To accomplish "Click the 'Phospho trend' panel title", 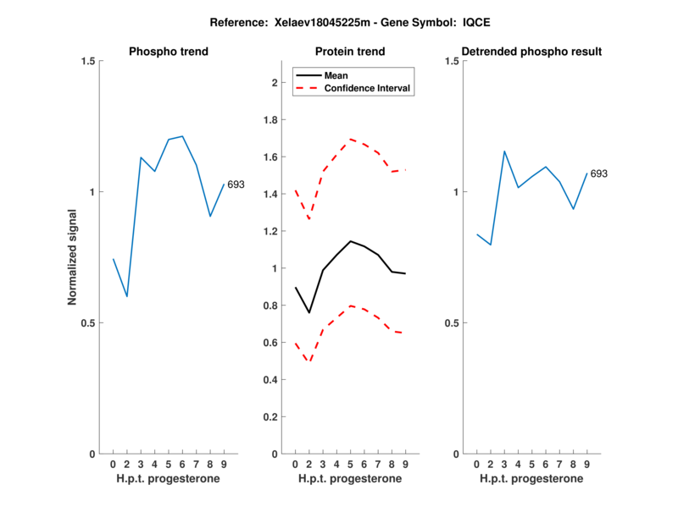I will tap(168, 52).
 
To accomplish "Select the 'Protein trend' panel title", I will tap(349, 52).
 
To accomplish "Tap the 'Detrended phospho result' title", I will tap(531, 52).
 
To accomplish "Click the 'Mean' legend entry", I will tap(336, 74).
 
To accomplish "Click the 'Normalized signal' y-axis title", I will tap(72, 256).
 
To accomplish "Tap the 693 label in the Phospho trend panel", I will tap(236, 184).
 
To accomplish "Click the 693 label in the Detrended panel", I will tap(599, 173).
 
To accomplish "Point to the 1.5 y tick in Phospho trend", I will tap(85, 61).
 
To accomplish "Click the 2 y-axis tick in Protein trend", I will tap(274, 83).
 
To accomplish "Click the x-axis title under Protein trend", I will tap(349, 479).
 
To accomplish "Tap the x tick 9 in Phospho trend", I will tap(223, 464).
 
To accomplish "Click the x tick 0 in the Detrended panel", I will tap(477, 464).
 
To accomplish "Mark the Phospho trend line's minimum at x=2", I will tap(127, 296).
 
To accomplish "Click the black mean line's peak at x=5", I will tap(350, 241).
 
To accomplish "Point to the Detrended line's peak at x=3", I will tap(504, 151).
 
